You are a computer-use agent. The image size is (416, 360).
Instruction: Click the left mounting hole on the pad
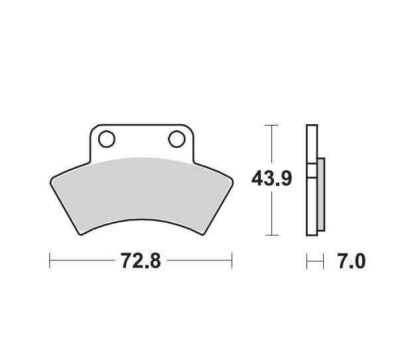(x=106, y=139)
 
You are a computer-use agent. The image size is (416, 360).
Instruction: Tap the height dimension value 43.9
(x=272, y=179)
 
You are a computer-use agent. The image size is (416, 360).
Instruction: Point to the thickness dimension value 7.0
(x=352, y=262)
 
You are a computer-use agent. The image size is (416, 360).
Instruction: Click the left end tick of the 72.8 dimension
(x=50, y=260)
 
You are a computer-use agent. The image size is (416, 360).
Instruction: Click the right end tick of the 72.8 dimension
(x=232, y=260)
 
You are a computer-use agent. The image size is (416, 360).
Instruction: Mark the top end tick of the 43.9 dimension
(x=270, y=124)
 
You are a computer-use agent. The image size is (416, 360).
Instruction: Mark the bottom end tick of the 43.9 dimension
(x=270, y=235)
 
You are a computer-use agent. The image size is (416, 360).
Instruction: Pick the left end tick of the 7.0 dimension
(x=307, y=262)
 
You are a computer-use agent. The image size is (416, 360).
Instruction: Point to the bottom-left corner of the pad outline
(x=81, y=234)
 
